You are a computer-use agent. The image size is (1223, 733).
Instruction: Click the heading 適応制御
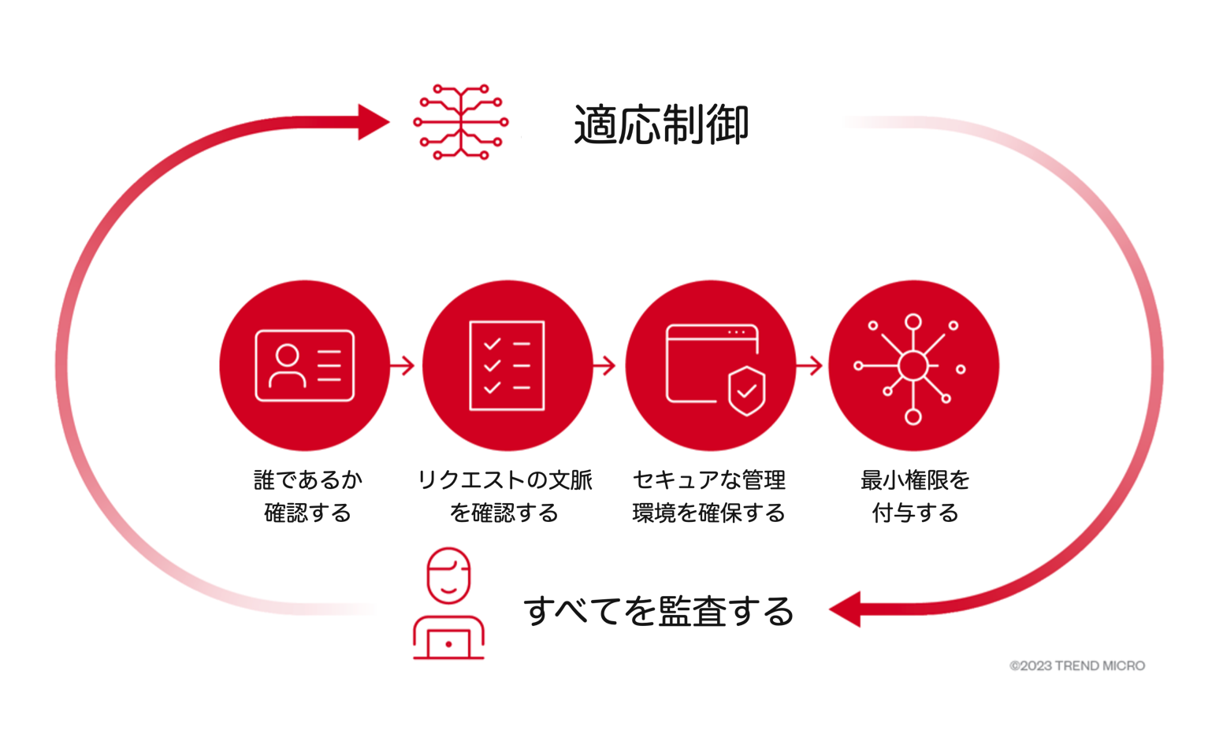(660, 124)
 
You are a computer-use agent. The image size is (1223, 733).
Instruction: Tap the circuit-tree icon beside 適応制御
(461, 122)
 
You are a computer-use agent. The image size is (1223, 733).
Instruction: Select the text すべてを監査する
(659, 611)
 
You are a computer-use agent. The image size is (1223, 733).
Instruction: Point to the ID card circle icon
(304, 365)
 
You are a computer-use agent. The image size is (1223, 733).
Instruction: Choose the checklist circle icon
(507, 365)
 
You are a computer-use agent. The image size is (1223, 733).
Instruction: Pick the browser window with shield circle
(710, 365)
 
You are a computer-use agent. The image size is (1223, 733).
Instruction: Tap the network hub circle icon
(913, 365)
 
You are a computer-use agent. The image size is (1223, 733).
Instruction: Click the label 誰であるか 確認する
(308, 496)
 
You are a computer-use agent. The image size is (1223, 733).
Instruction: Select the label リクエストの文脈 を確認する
(504, 496)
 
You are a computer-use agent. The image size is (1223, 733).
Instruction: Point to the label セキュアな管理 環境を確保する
(708, 496)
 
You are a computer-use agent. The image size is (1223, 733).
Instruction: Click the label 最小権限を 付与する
(915, 496)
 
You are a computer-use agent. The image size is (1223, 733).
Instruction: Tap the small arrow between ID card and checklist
(403, 365)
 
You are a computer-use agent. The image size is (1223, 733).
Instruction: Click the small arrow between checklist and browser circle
(605, 365)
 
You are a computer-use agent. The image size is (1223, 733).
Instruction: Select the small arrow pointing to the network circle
(810, 365)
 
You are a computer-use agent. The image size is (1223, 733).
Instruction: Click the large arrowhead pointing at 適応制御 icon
(373, 122)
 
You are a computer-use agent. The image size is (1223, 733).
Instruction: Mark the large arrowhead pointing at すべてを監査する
(846, 609)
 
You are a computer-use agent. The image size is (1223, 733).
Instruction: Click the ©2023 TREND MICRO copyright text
(1077, 665)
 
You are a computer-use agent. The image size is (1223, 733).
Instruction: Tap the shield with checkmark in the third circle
(746, 391)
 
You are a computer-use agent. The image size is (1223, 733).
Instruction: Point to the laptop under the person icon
(448, 642)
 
